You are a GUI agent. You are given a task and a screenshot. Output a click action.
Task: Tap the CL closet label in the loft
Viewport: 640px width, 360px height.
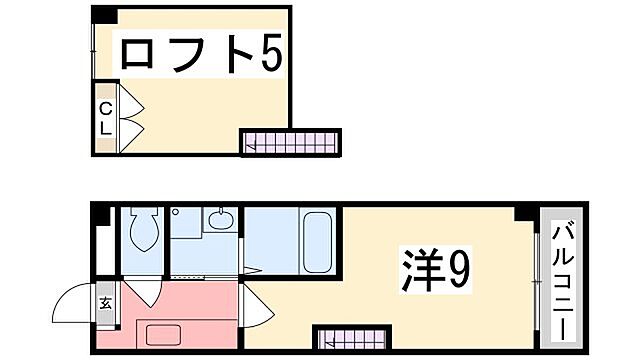(x=105, y=119)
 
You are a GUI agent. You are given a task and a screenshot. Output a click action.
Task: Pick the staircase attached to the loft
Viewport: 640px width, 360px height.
(x=291, y=143)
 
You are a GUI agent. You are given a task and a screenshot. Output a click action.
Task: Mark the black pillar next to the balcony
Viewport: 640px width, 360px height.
(x=522, y=213)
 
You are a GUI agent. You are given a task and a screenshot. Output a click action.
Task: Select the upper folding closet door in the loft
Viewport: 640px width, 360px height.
(x=132, y=102)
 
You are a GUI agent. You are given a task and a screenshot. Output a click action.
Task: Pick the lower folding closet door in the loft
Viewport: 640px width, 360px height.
(x=132, y=130)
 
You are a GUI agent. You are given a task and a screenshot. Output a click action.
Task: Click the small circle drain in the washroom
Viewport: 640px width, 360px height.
(x=175, y=214)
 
